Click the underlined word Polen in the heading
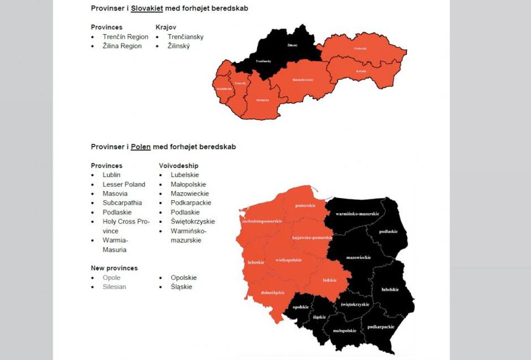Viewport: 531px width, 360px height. pyautogui.click(x=140, y=147)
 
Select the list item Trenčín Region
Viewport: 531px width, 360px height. pyautogui.click(x=125, y=37)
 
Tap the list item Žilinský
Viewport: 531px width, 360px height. pyautogui.click(x=178, y=46)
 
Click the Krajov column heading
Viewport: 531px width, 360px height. pyautogui.click(x=166, y=27)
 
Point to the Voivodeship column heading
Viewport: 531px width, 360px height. pyautogui.click(x=178, y=166)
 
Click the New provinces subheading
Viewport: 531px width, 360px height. pyautogui.click(x=114, y=268)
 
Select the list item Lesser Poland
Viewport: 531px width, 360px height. pyautogui.click(x=124, y=185)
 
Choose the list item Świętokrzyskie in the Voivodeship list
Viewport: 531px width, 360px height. pyautogui.click(x=192, y=222)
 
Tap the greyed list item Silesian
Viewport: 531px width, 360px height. pyautogui.click(x=114, y=287)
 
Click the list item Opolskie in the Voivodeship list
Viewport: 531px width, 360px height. pyautogui.click(x=183, y=278)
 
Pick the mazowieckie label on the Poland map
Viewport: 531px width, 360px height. pyautogui.click(x=358, y=258)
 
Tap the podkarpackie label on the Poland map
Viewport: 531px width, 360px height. pyautogui.click(x=381, y=327)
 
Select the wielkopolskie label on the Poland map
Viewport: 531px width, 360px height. pyautogui.click(x=288, y=260)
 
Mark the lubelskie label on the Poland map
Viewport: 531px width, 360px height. pyautogui.click(x=389, y=289)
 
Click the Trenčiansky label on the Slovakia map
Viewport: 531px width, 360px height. pyautogui.click(x=263, y=61)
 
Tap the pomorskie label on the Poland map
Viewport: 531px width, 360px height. pyautogui.click(x=305, y=206)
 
